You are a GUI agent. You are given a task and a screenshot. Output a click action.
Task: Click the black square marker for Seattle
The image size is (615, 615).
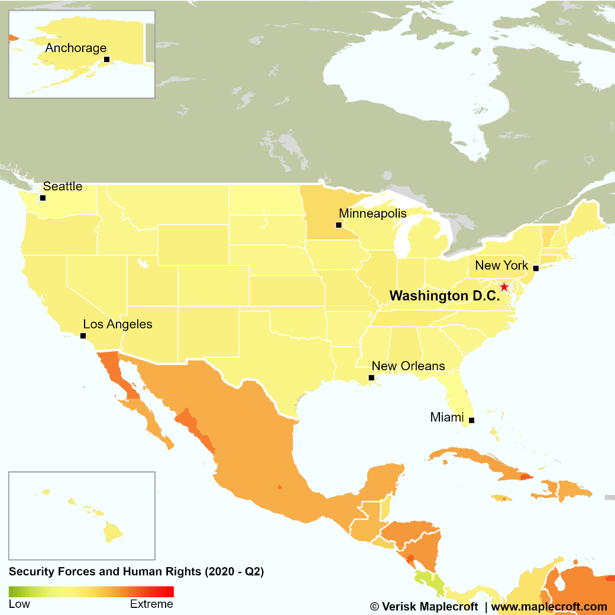tap(43, 198)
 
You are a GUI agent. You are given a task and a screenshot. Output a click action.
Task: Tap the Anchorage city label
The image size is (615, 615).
tap(76, 48)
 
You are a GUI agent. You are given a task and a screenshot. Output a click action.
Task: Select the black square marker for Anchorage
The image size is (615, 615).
tap(106, 59)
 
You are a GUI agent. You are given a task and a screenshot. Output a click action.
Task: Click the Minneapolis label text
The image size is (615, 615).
tap(373, 213)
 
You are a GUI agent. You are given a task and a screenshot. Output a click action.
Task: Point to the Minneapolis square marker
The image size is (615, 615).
tap(339, 225)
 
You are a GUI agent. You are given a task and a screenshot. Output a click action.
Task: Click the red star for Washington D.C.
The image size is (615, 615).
tap(504, 287)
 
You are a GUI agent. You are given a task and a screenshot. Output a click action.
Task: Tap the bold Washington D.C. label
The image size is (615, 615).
tap(445, 296)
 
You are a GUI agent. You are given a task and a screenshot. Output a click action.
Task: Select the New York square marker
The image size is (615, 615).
tap(536, 268)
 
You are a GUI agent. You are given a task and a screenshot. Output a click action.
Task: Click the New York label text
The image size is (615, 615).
tap(501, 265)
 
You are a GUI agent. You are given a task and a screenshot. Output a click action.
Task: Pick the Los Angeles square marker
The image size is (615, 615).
tap(83, 335)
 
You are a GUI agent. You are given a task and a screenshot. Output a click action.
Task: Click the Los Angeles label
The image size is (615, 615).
tap(117, 324)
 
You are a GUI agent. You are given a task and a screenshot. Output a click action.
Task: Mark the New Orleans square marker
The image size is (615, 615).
tap(371, 377)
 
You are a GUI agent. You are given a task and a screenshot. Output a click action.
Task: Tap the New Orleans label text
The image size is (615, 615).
tap(408, 366)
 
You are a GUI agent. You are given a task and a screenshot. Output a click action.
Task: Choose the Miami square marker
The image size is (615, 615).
tap(471, 420)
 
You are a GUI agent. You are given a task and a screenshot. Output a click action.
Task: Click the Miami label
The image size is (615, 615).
tap(446, 417)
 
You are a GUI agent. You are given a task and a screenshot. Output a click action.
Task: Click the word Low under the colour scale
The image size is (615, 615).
tap(19, 604)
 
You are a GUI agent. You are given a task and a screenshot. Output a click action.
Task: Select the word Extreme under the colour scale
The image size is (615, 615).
tap(151, 604)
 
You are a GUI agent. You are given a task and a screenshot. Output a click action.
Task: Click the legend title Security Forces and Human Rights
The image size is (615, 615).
tap(136, 572)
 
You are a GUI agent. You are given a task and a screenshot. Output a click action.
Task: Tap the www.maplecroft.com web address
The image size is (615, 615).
tap(549, 606)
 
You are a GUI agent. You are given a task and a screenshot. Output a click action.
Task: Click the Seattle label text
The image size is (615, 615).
tap(63, 186)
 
